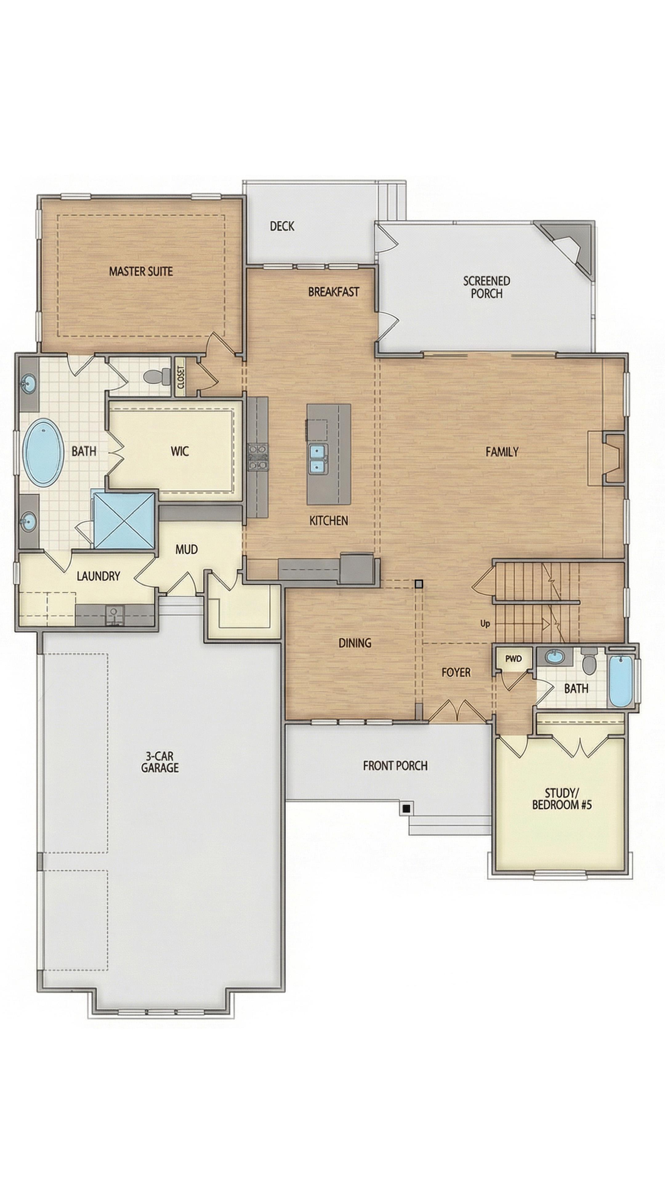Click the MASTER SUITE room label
(141, 271)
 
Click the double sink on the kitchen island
(317, 459)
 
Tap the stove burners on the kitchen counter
(257, 456)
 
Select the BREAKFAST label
(334, 292)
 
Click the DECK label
(282, 226)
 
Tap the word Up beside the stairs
(485, 624)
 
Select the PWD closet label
(514, 658)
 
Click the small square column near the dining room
(419, 584)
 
